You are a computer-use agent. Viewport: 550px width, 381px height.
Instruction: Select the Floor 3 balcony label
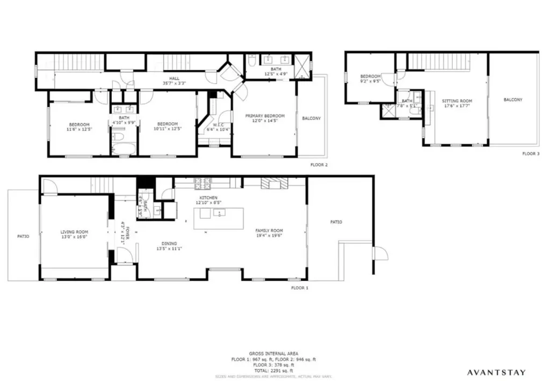click(x=513, y=100)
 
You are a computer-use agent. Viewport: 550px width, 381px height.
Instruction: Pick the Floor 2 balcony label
click(x=312, y=118)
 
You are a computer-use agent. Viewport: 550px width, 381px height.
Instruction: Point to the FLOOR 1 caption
click(x=300, y=288)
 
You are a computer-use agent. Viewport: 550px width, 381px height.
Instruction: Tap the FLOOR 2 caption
click(x=319, y=165)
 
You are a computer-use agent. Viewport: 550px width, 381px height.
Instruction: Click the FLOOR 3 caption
click(x=530, y=153)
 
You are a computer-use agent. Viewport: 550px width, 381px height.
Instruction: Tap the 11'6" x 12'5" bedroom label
click(x=79, y=127)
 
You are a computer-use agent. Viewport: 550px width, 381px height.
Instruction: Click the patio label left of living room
click(x=23, y=236)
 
